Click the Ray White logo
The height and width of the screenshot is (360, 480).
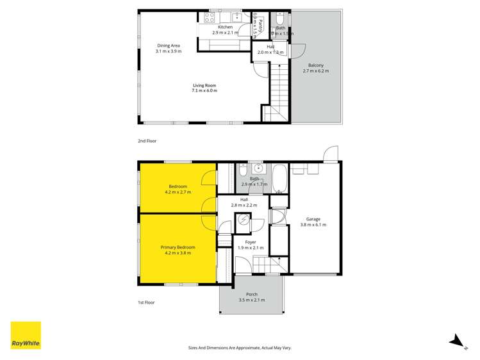coord(26,335)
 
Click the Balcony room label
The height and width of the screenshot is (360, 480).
coord(315,65)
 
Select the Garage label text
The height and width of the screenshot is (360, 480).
coord(313,219)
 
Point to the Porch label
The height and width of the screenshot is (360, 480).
coord(251,295)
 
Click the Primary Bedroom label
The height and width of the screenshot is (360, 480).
coord(178,247)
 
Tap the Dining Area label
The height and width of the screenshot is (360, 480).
coord(169,45)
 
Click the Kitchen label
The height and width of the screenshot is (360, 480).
coord(225,27)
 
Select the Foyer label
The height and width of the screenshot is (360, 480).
coord(247,242)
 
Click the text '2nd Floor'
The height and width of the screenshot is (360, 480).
coord(147,140)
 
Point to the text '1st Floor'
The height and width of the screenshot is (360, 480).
coord(146,302)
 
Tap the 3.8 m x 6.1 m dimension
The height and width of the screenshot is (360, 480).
coord(313,225)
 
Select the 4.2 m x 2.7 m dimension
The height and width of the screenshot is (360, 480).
coord(178,192)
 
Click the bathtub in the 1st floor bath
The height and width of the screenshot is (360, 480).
coord(279,179)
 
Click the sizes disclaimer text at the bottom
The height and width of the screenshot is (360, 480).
coord(240,347)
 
